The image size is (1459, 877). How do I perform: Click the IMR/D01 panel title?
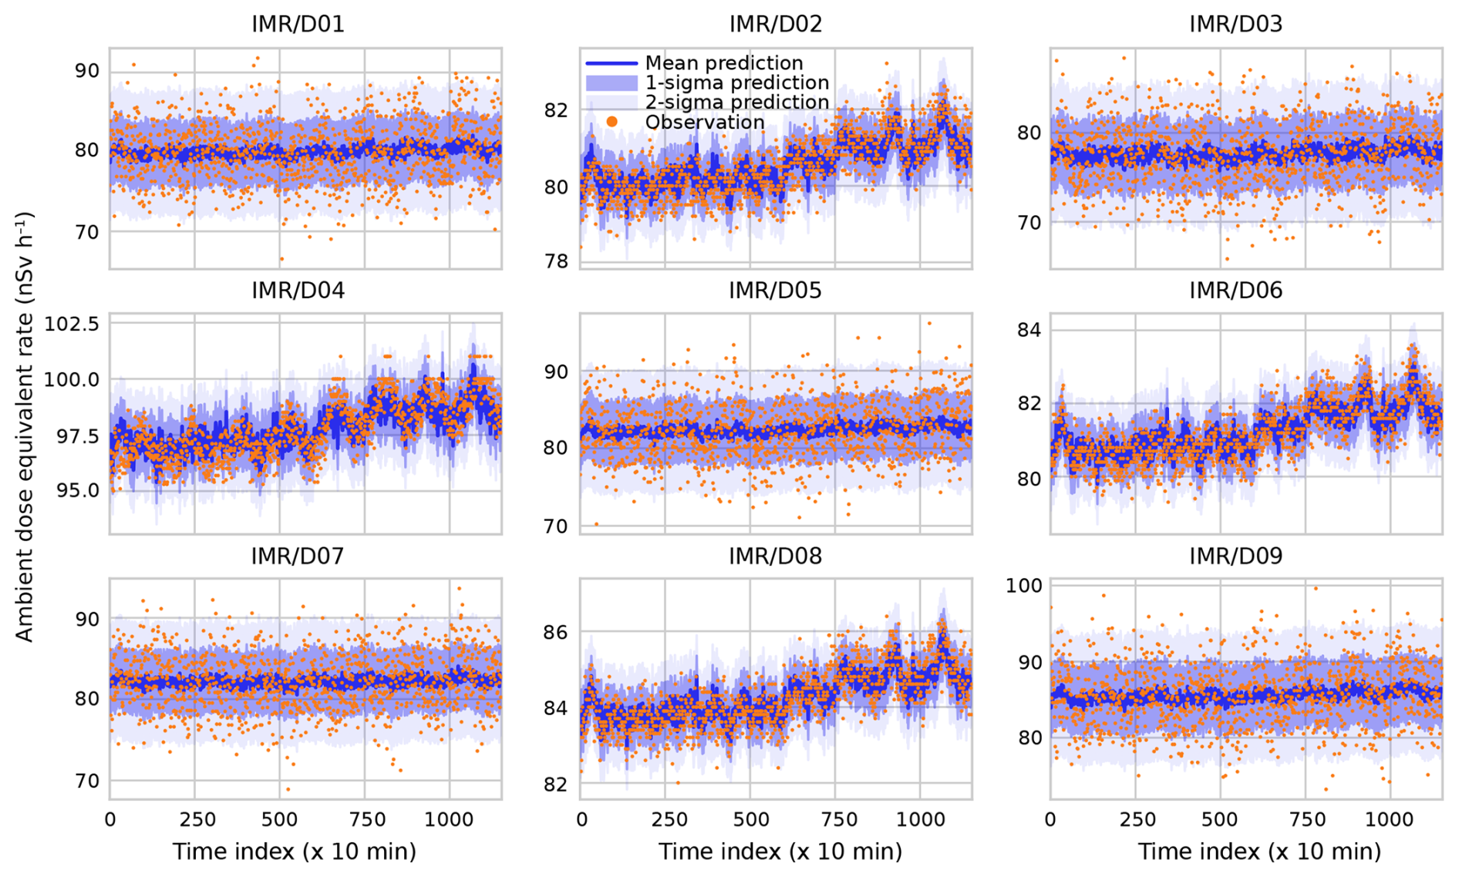298,24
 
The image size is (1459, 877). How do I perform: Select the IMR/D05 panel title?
775,291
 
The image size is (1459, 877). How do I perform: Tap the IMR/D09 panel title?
1235,556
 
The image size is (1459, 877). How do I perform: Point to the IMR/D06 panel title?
1235,291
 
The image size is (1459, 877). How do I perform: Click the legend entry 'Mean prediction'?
723,63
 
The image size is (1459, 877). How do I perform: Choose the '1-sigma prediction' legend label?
736,82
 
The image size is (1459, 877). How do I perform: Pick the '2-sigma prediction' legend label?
736,102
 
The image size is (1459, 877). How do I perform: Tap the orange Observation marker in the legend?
612,122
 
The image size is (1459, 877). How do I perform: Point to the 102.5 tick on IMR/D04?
72,324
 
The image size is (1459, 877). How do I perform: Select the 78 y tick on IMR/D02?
556,262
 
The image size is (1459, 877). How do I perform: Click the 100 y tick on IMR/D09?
1023,586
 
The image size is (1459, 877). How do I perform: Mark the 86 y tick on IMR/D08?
556,633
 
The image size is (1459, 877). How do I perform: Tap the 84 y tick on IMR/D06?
1028,330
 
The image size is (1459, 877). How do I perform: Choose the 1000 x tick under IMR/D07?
449,820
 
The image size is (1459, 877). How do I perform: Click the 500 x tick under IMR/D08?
750,820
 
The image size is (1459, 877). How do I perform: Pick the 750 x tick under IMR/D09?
1306,820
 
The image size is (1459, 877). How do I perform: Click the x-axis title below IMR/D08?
780,852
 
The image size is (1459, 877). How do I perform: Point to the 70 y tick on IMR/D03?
1028,223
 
